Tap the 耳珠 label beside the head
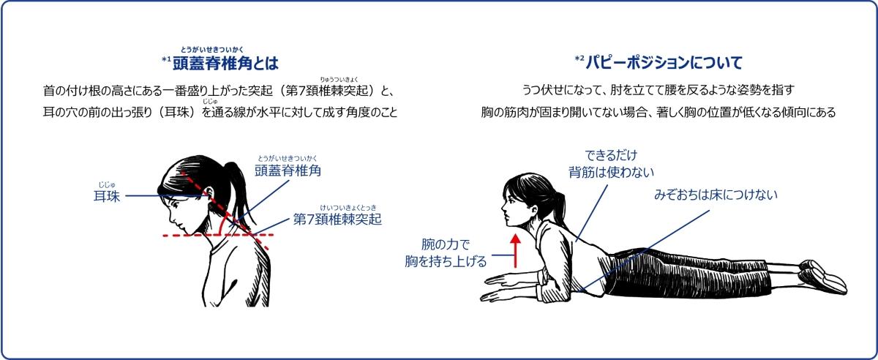[x=106, y=196]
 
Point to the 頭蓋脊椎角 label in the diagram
[x=288, y=171]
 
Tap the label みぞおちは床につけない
[x=715, y=195]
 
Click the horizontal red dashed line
[x=219, y=235]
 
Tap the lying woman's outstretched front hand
[x=505, y=293]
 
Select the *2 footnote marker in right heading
[x=579, y=57]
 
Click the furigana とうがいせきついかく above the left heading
[x=213, y=49]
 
